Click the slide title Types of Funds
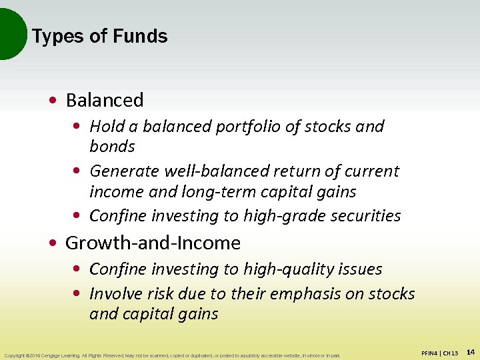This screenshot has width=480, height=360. point(99,36)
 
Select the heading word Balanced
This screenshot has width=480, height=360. point(105,100)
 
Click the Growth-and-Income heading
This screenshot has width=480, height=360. point(153,243)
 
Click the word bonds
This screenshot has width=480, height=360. point(112,146)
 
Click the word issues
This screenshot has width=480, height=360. point(360,269)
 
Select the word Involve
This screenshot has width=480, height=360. point(113,294)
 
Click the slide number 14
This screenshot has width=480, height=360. point(470,351)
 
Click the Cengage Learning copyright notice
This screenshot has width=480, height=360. point(171,355)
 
